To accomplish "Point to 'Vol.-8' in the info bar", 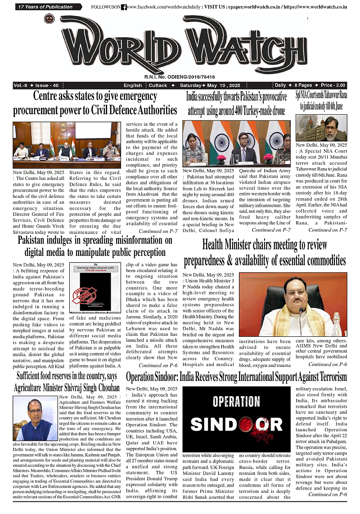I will pyautogui.click(x=21, y=85).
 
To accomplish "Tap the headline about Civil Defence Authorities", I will pyautogui.click(x=95, y=103).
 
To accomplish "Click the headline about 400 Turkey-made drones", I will pyautogui.click(x=237, y=104).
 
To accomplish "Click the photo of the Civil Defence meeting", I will pyautogui.click(x=67, y=140).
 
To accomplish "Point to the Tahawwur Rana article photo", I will pyautogui.click(x=321, y=128).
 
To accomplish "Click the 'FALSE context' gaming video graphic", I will pyautogui.click(x=95, y=288).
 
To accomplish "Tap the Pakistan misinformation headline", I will pyautogui.click(x=95, y=246).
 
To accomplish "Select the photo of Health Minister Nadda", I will pyautogui.click(x=293, y=304).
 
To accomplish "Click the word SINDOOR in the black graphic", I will pyautogui.click(x=236, y=424).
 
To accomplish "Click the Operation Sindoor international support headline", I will pyautogui.click(x=237, y=376).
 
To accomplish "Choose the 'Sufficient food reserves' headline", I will pyautogui.click(x=67, y=381).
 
